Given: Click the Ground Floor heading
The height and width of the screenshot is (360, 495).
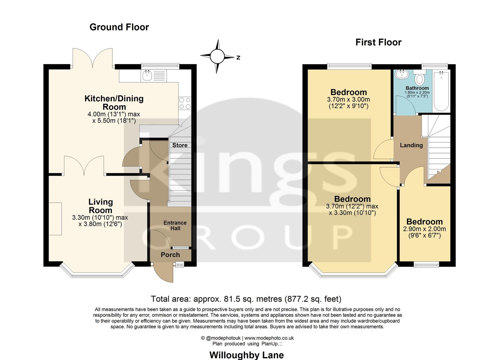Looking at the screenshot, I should (119, 27).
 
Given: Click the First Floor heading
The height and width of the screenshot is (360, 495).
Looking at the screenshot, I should (378, 42).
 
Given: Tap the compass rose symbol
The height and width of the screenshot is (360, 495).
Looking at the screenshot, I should (217, 56).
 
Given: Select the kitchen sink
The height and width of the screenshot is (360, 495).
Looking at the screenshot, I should (147, 76).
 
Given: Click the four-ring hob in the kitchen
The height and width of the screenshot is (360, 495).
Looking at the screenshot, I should (185, 103).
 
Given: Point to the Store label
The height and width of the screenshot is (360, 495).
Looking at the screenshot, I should (180, 145).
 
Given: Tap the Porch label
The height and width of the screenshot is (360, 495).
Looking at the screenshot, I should (170, 255).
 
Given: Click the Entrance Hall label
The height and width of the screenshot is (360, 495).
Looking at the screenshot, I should (175, 226).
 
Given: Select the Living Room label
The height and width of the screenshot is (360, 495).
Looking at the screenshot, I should (100, 206).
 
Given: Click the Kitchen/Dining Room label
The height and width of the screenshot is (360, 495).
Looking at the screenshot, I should (114, 103).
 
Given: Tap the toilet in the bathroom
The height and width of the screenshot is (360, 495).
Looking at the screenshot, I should (420, 78).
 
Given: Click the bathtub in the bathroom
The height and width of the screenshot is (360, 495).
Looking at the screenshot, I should (441, 91).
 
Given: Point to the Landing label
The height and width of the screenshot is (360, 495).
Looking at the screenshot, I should (411, 145).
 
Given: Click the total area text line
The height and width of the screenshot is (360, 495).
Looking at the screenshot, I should (246, 299).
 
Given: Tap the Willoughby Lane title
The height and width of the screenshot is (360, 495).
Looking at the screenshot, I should (246, 355).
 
